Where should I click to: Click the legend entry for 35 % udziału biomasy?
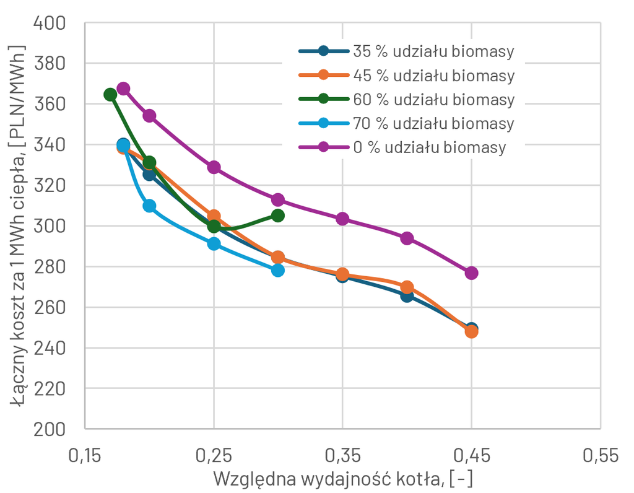pos(406,51)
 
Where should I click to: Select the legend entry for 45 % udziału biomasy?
pos(406,75)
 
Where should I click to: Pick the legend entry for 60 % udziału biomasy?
pos(406,99)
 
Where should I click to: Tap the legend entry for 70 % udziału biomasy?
pos(406,123)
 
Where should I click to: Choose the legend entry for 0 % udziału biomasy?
pos(402,147)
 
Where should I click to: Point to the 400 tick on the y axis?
pos(50,23)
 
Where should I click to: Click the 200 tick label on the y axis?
pos(50,429)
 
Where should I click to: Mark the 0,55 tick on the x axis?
pos(601,455)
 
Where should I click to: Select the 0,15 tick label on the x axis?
pos(85,455)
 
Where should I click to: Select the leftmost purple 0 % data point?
pos(123,89)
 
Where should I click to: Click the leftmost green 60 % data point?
pos(110,95)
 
